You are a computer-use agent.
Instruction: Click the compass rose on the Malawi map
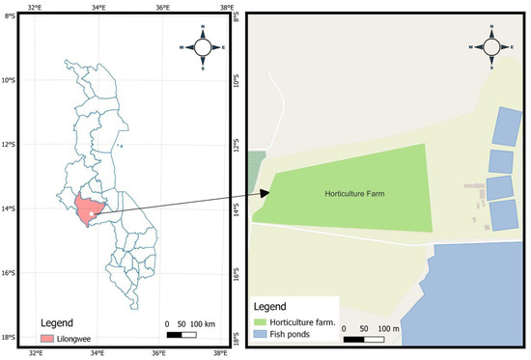pyautogui.click(x=203, y=46)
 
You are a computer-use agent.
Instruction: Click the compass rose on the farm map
pyautogui.click(x=491, y=46)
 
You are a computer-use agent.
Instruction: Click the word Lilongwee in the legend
pyautogui.click(x=74, y=339)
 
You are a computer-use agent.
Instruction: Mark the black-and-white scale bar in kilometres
pyautogui.click(x=182, y=334)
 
